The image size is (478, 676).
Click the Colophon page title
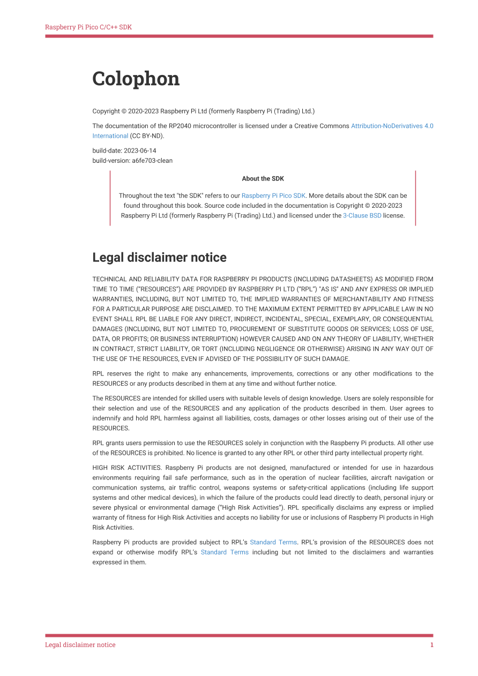136,79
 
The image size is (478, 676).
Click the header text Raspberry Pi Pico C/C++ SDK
88,27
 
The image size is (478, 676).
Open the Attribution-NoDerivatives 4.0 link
392,126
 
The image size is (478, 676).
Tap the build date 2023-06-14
140,151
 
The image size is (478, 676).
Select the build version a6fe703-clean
152,160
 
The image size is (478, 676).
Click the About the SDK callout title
263,178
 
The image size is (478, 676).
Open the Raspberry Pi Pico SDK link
273,196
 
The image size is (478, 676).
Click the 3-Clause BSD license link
362,216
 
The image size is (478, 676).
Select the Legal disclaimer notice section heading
159,258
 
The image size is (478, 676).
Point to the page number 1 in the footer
431,645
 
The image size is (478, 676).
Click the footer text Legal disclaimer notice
80,645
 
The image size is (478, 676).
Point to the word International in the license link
110,136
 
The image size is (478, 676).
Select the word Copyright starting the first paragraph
106,111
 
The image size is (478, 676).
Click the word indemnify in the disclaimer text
106,418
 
